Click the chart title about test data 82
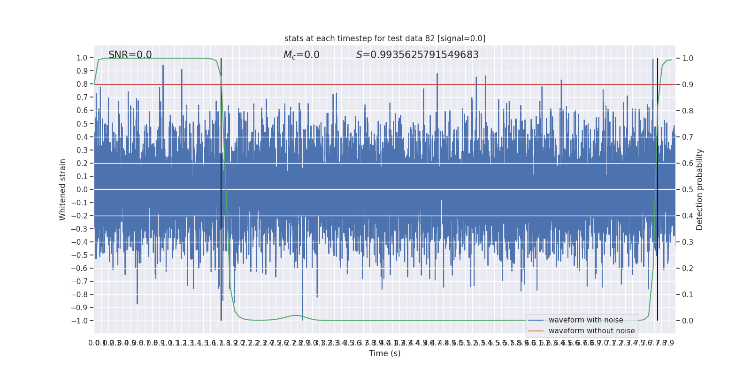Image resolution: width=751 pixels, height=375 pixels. pyautogui.click(x=384, y=38)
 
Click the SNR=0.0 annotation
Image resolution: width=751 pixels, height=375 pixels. pyautogui.click(x=130, y=55)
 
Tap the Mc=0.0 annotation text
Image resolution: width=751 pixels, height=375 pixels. pyautogui.click(x=301, y=55)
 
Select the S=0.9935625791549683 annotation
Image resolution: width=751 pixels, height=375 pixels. pyautogui.click(x=417, y=55)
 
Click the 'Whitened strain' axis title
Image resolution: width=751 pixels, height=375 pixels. pyautogui.click(x=63, y=189)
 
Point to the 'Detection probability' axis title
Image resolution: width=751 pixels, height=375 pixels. pyautogui.click(x=700, y=189)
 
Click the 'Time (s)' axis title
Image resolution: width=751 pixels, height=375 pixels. pyautogui.click(x=384, y=353)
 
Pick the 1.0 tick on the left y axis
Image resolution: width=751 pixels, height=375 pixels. pyautogui.click(x=82, y=58)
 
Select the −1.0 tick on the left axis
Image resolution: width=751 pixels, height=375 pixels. pyautogui.click(x=80, y=321)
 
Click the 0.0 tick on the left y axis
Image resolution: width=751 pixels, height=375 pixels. pyautogui.click(x=82, y=189)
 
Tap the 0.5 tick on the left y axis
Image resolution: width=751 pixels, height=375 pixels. pyautogui.click(x=82, y=124)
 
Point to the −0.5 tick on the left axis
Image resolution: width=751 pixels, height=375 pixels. pyautogui.click(x=80, y=255)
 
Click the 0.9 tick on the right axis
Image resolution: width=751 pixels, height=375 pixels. pyautogui.click(x=688, y=84)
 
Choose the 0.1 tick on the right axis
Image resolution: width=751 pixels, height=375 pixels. pyautogui.click(x=688, y=294)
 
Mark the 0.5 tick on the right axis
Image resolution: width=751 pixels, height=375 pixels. pyautogui.click(x=688, y=189)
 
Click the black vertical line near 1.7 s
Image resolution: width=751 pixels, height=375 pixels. pyautogui.click(x=221, y=187)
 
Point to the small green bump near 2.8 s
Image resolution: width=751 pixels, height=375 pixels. pyautogui.click(x=295, y=315)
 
